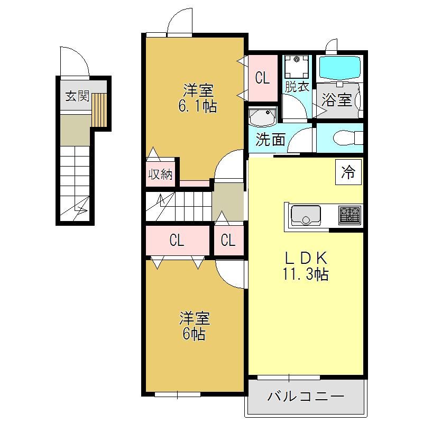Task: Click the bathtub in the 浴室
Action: coord(339,68)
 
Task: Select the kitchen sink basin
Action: coord(306,216)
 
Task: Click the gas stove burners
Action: coord(350,215)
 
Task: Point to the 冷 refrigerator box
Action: coord(348,172)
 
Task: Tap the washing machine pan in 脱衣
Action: coord(297,66)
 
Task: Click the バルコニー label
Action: coord(306,396)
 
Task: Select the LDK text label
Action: coord(306,258)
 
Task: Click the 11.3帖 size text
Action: coord(306,274)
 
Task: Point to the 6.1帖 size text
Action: coord(197,106)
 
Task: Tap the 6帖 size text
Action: coord(194,334)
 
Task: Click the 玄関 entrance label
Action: coord(77,96)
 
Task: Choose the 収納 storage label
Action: coord(160,174)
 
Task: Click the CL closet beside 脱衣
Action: coord(263,78)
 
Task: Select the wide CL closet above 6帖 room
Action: coord(178,240)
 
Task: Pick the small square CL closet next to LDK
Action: coord(229,240)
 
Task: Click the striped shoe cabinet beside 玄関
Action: coord(99,110)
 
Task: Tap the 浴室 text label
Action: coord(337,100)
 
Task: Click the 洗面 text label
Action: coord(270,139)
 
